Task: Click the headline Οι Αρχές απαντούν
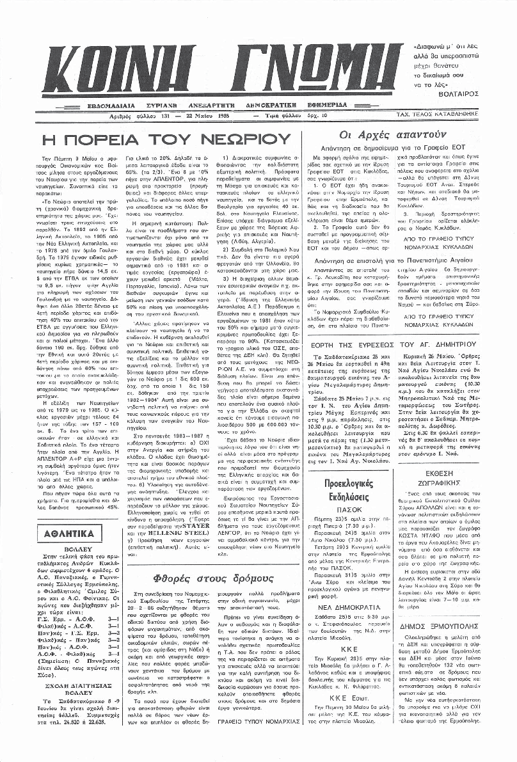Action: (x=392, y=135)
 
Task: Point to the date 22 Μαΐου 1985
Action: (x=207, y=116)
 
